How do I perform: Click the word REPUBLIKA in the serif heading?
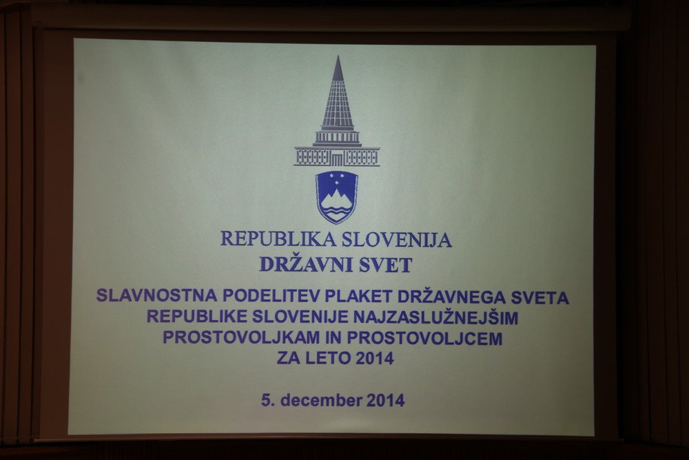point(278,239)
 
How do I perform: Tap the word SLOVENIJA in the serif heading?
point(397,239)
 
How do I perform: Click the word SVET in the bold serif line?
point(387,266)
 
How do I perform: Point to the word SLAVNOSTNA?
point(157,296)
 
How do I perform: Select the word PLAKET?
point(358,297)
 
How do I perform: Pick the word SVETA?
point(539,298)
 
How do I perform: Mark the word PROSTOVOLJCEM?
point(424,338)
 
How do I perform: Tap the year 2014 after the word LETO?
point(375,359)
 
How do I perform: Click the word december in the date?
point(321,400)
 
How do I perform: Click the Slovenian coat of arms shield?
point(337,197)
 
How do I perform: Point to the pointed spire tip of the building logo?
point(338,57)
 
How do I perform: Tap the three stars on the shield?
point(337,179)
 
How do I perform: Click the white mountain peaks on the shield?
point(337,200)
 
